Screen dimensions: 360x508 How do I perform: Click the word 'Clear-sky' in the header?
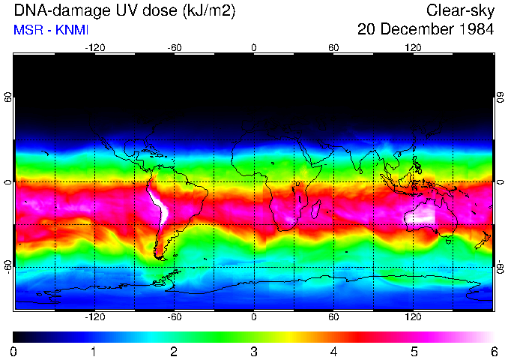point(460,10)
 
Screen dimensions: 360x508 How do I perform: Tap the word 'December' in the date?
point(414,30)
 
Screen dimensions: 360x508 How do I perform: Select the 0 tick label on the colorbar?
point(13,351)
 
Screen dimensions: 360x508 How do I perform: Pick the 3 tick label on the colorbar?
point(253,351)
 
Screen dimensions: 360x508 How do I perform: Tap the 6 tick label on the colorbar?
point(493,351)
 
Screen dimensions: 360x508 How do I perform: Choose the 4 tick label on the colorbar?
point(333,351)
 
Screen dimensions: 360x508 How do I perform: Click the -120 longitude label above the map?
point(94,47)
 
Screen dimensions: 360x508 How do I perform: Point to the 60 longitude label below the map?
point(333,317)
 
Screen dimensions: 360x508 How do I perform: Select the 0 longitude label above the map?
point(253,47)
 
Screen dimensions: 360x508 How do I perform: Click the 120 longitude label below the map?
point(413,317)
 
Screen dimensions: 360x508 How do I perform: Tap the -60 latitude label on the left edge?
point(7,266)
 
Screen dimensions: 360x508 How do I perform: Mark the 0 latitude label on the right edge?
point(500,182)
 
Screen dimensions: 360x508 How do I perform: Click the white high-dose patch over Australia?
point(422,214)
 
